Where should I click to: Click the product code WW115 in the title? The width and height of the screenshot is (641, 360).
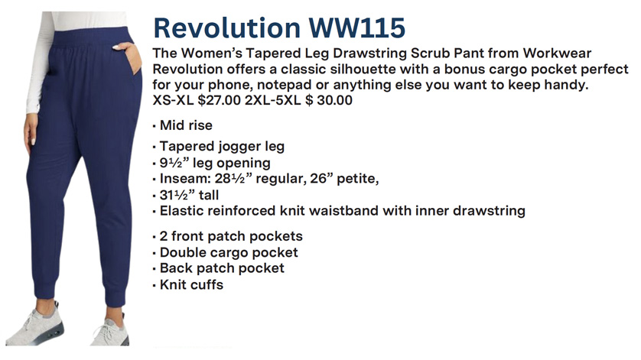point(356,28)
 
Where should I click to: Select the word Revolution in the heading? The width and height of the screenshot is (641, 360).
point(227,28)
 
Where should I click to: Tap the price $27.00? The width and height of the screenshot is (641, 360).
point(219,100)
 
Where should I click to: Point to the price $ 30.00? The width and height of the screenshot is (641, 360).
point(329,100)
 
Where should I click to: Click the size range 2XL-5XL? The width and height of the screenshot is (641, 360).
point(272,100)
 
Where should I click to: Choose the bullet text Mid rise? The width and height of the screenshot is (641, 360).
point(186,125)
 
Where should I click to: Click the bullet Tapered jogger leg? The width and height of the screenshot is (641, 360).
point(222,146)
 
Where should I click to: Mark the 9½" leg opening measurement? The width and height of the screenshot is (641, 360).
point(215,163)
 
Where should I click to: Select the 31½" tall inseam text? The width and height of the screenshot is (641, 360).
point(189,195)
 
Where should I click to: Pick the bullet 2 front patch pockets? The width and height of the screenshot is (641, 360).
point(231,236)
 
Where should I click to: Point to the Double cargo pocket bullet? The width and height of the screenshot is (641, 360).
point(229,252)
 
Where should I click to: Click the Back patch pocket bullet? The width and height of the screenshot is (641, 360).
point(222,268)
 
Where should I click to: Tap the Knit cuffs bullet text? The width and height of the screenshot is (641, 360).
point(192,284)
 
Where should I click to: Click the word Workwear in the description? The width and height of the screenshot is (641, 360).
point(557,54)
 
